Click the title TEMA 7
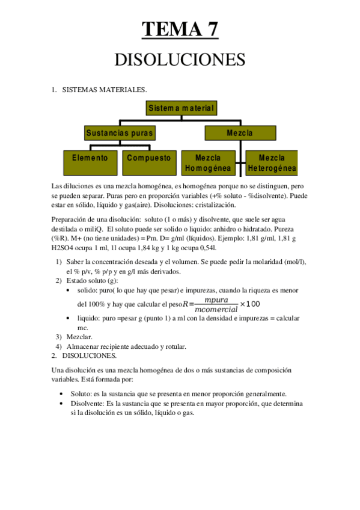click(x=180, y=28)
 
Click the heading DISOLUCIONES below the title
click(x=180, y=60)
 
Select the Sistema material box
click(x=181, y=108)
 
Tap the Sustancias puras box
click(x=120, y=132)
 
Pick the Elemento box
click(x=90, y=158)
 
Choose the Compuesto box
click(x=148, y=158)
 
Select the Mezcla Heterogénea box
click(x=272, y=162)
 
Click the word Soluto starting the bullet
click(x=81, y=393)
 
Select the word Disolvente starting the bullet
click(x=87, y=403)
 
